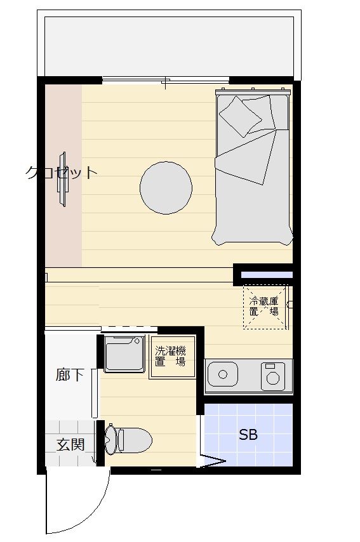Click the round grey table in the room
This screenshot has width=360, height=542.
[166, 188]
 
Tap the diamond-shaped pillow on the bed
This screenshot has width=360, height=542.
[241, 116]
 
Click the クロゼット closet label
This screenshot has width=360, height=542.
[61, 173]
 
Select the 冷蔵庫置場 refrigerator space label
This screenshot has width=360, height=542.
[264, 306]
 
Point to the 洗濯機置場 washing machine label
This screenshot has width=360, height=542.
[171, 357]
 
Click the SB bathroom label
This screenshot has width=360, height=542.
[248, 435]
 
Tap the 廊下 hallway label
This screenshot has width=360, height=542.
[70, 374]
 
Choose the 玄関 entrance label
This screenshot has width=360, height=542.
[70, 444]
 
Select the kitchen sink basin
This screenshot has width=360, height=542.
[222, 374]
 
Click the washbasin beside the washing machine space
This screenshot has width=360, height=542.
[124, 354]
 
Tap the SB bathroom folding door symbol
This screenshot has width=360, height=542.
[211, 461]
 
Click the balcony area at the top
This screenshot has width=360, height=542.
[169, 46]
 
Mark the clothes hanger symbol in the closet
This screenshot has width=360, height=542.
[63, 180]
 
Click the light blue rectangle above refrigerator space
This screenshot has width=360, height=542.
[267, 275]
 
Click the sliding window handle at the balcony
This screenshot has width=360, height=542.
[166, 83]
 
